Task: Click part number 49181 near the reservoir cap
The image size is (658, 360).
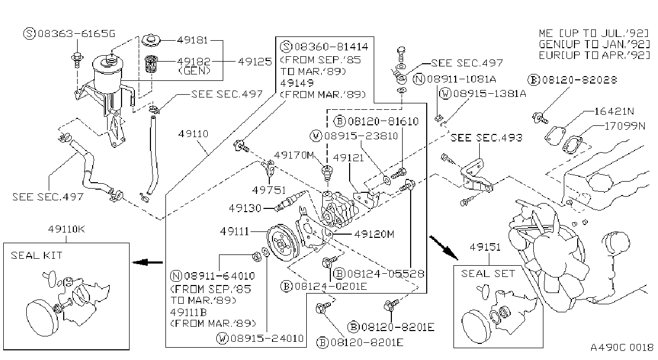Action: tap(192, 40)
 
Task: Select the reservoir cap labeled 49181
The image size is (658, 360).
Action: tap(151, 41)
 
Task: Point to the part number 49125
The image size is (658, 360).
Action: tap(255, 62)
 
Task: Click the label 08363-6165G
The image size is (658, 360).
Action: tap(70, 34)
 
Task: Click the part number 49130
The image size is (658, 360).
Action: tap(245, 208)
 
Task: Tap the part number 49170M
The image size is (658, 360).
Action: tap(294, 155)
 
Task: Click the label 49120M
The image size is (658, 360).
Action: tap(374, 234)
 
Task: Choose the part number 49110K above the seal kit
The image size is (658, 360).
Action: tap(67, 229)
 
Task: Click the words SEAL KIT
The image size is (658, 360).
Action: tap(37, 256)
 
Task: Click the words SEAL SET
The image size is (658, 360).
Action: tap(488, 274)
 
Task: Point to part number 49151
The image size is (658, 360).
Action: tap(485, 247)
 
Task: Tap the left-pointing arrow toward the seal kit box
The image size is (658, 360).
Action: tap(147, 262)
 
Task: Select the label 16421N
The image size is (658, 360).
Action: tap(614, 111)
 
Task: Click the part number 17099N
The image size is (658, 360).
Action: tap(625, 126)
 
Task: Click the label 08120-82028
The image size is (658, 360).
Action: tap(572, 80)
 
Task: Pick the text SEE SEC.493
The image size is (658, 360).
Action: tap(487, 138)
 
